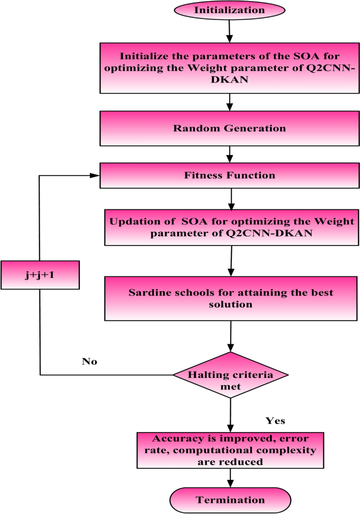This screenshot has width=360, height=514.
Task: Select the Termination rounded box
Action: point(230,499)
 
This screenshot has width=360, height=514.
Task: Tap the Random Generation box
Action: point(230,128)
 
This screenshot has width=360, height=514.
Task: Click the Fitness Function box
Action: point(230,175)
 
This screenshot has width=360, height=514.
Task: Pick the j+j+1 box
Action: point(40,275)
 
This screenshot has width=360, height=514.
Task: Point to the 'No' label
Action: point(89,362)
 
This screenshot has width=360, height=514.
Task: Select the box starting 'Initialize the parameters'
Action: point(230,67)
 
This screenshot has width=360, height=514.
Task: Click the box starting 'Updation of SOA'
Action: point(230,226)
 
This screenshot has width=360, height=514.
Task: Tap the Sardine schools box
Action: point(230,298)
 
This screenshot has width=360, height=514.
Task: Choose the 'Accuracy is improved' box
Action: point(230,450)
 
